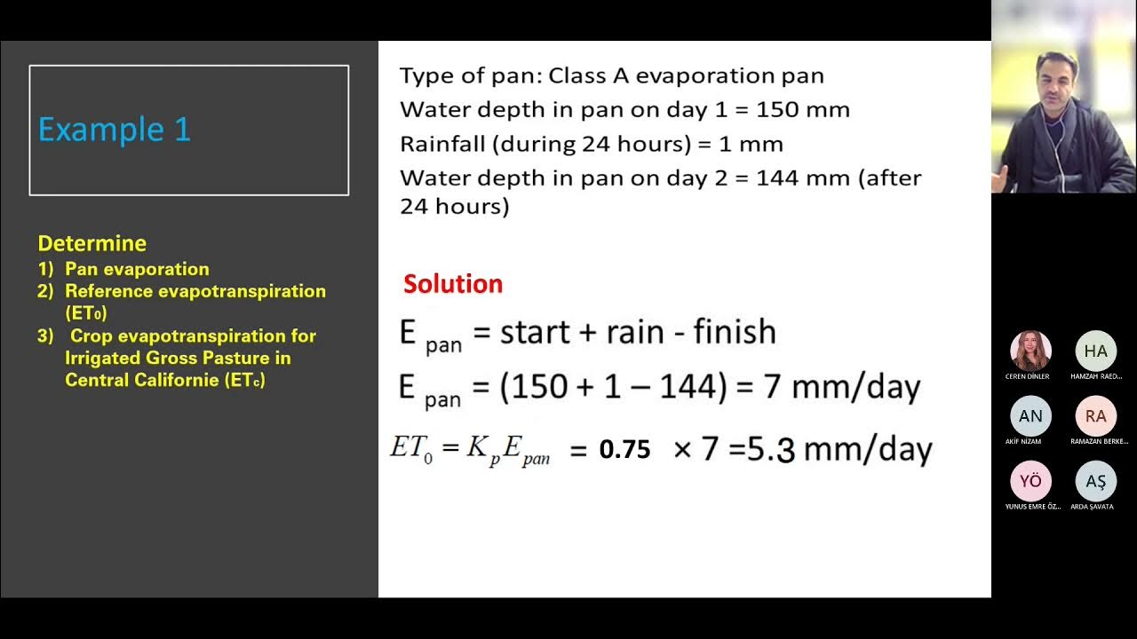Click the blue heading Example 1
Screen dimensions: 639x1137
115,130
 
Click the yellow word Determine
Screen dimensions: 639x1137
91,243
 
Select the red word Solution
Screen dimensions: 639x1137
453,284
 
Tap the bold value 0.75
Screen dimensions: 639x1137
624,450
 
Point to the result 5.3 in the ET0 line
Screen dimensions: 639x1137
770,450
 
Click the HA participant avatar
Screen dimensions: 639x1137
1095,351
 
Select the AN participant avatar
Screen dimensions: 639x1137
1030,416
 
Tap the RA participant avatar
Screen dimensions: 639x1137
1095,416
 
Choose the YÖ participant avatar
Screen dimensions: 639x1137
1030,481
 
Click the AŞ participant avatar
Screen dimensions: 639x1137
1095,481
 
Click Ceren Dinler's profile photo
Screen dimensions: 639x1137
1030,351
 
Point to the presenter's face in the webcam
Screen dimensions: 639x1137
1055,80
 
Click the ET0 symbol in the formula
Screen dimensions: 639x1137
410,447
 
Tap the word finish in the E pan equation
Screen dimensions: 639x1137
734,332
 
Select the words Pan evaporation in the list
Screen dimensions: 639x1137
137,269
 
